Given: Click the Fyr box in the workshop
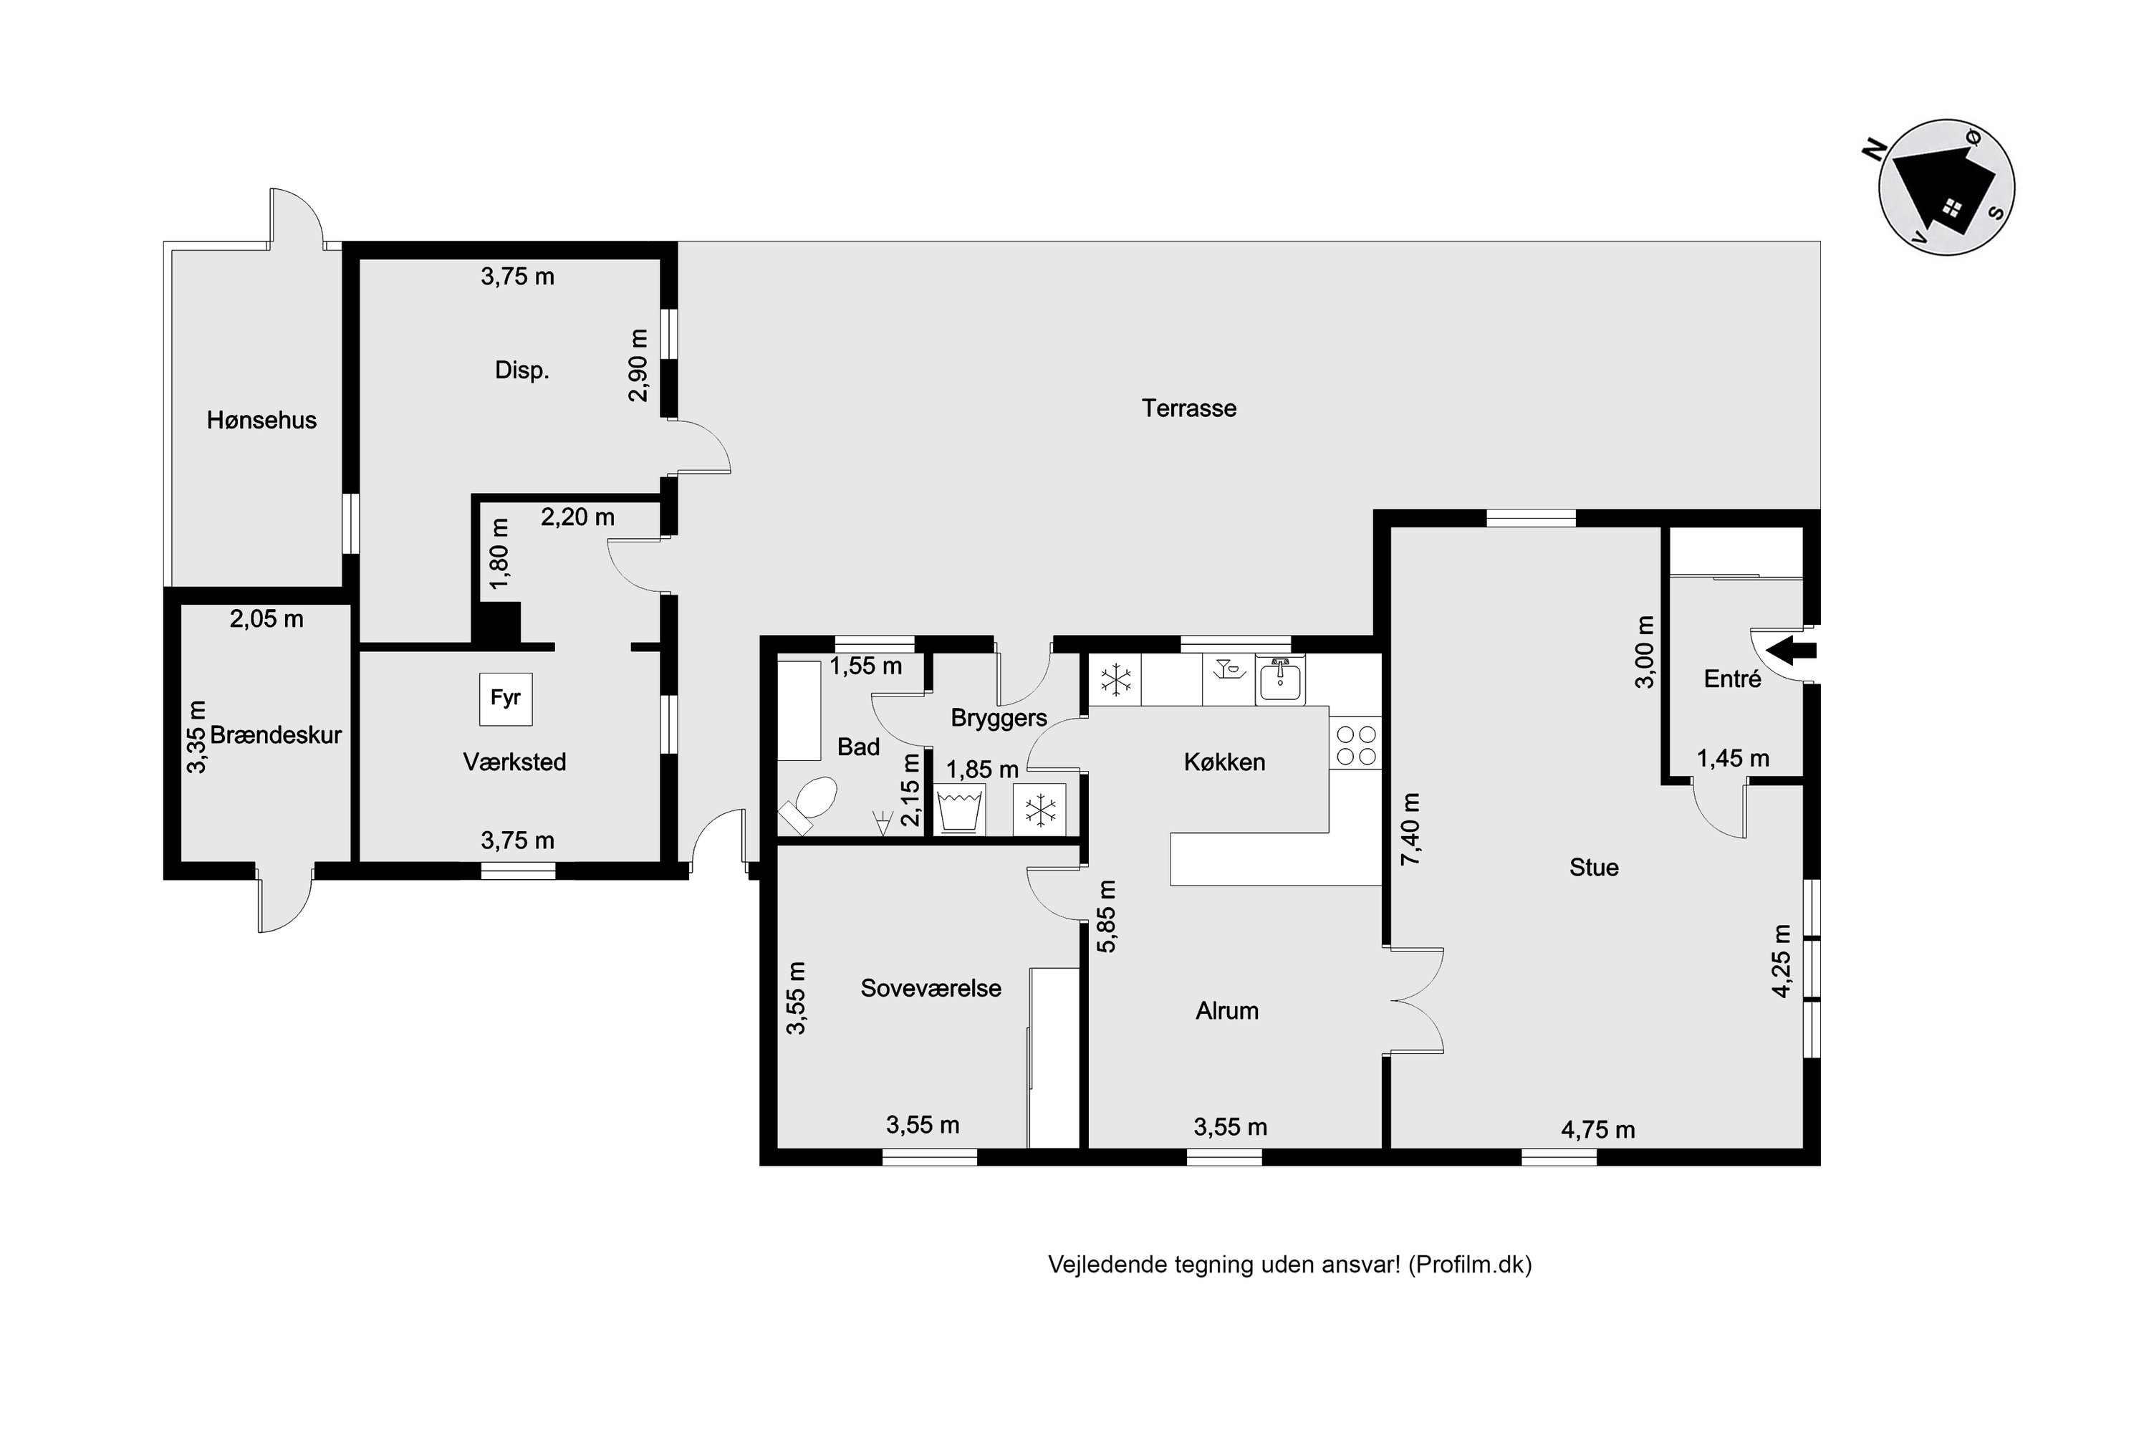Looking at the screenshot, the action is pos(505,699).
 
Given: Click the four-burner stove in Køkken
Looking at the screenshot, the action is pos(1356,745).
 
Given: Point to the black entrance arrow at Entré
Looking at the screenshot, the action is pos(1791,651).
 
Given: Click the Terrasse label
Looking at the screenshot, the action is pos(1188,408).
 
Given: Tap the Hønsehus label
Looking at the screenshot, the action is pos(261,421).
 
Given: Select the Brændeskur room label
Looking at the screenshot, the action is pos(276,735).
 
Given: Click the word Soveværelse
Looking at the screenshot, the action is pos(931,988).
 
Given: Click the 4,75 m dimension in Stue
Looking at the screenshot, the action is pos(1598,1130).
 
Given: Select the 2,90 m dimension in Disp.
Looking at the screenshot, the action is pos(639,365).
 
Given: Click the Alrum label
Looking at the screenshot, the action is pos(1227,1011).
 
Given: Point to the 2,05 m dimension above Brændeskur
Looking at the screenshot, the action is pos(266,619).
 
